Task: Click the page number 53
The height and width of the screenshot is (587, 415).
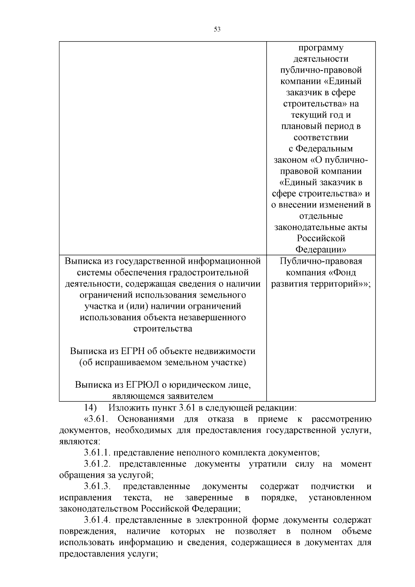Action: pos(217,29)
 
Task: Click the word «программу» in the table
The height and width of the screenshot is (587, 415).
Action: pos(321,48)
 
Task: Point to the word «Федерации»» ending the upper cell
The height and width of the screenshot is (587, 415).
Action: pos(321,250)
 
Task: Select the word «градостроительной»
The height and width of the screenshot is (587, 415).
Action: pos(209,272)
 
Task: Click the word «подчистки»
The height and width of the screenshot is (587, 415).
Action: pos(332,487)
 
